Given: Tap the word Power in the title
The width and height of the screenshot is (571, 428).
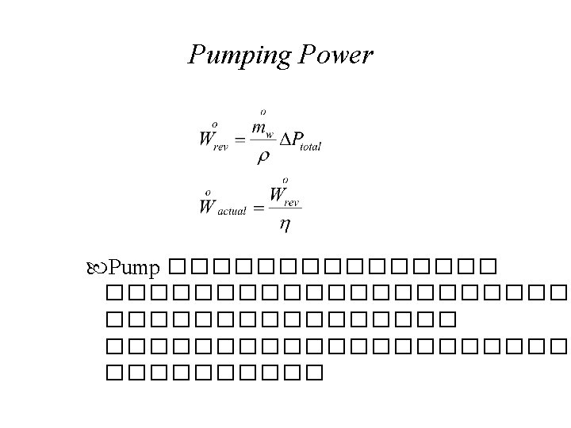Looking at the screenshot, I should [334, 55].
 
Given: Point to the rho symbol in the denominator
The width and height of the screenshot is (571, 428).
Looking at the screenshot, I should [263, 156].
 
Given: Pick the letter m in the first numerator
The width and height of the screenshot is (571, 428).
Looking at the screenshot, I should [259, 128].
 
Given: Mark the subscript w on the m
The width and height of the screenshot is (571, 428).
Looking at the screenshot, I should [270, 132].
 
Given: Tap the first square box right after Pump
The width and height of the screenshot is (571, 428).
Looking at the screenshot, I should [176, 265].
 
